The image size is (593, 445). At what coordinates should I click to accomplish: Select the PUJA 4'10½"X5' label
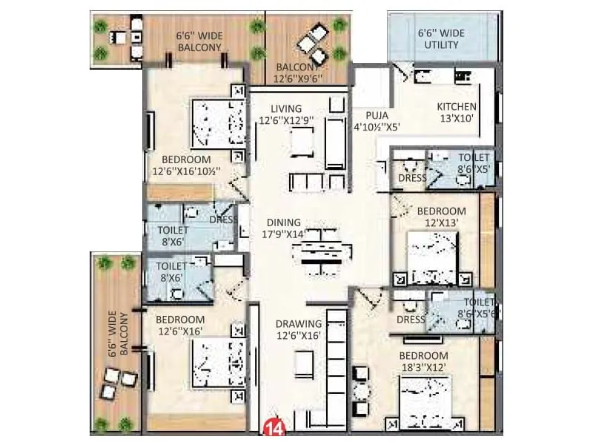(377, 121)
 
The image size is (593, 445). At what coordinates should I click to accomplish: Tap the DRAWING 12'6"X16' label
(299, 329)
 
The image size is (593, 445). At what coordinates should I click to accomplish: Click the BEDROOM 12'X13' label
(442, 217)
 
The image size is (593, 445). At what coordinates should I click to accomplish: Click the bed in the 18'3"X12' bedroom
(425, 401)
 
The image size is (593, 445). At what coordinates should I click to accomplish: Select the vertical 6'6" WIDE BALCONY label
(119, 334)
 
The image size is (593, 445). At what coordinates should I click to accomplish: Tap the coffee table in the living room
(301, 141)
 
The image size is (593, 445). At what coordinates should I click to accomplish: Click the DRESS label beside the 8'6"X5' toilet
(412, 178)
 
